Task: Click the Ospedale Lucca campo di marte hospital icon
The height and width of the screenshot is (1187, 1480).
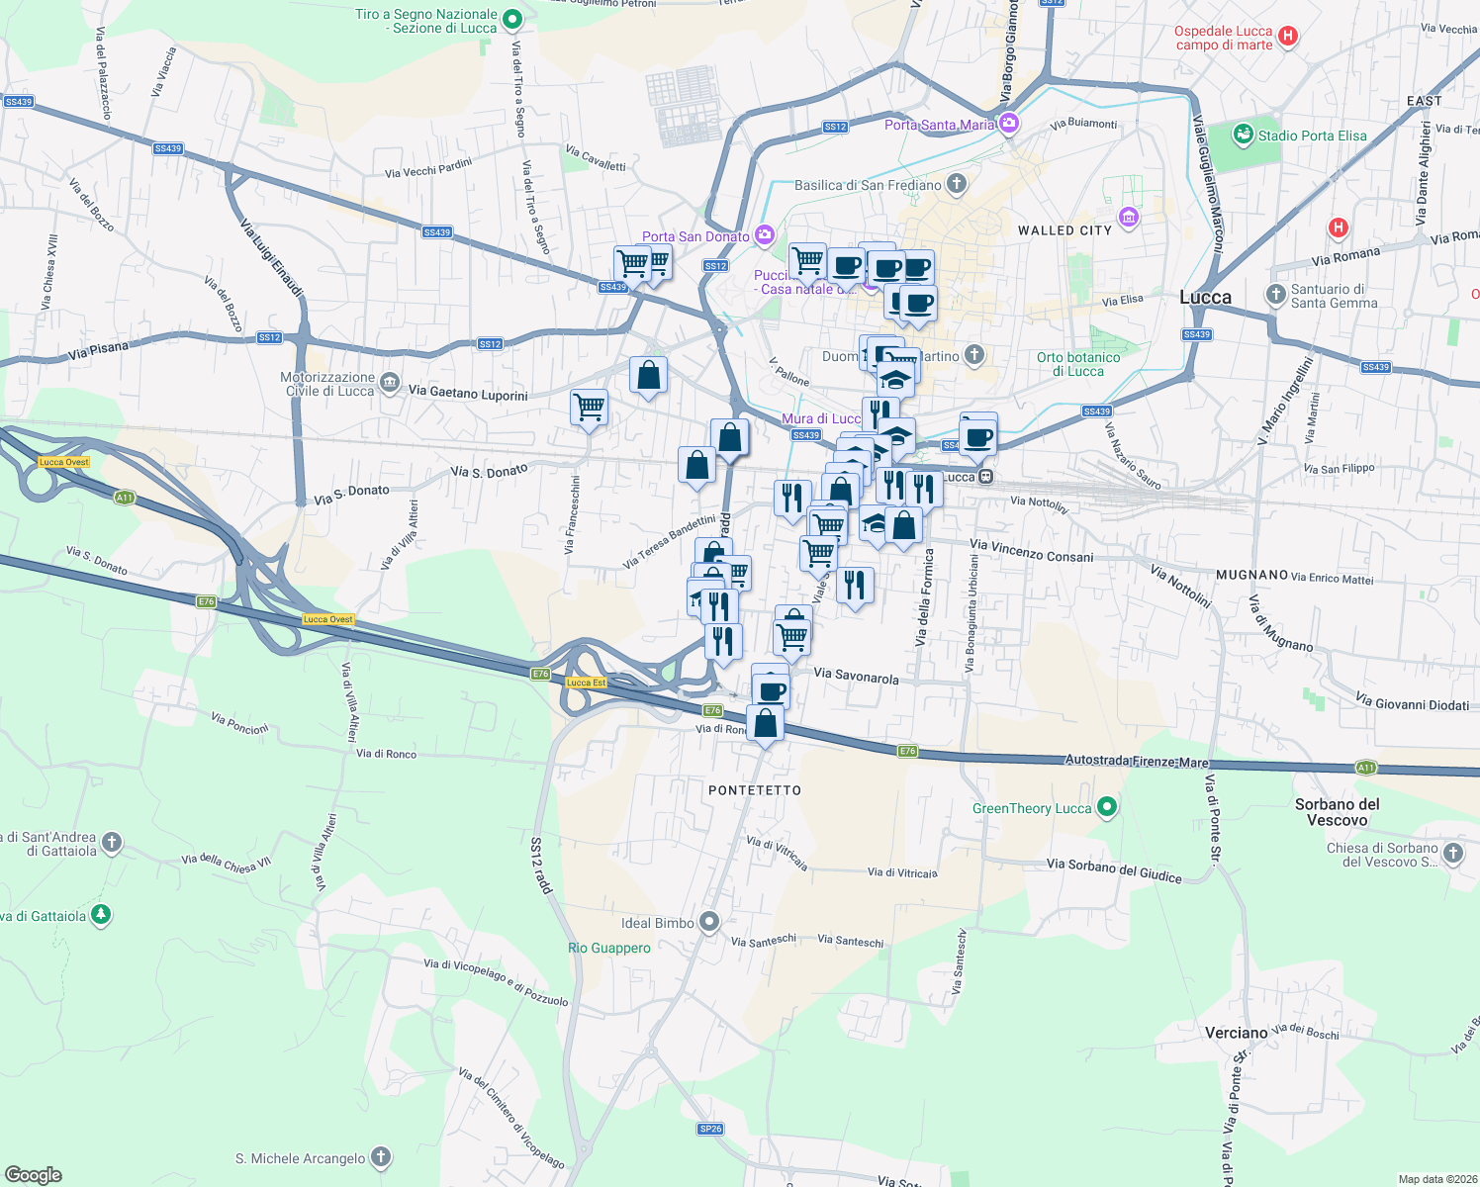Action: (x=1287, y=37)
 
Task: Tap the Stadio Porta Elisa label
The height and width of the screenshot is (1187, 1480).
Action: (x=1312, y=136)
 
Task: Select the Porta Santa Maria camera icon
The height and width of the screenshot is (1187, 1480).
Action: (x=1009, y=124)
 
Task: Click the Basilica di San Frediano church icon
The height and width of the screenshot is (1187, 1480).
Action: (x=956, y=183)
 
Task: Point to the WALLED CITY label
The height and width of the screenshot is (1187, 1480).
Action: (x=1064, y=230)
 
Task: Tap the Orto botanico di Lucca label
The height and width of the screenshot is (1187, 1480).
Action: (x=1078, y=364)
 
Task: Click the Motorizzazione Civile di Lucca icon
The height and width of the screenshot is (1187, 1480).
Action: (x=390, y=382)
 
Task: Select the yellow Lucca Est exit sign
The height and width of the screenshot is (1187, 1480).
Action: (x=586, y=683)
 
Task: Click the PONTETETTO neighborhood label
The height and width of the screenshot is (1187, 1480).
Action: (x=755, y=790)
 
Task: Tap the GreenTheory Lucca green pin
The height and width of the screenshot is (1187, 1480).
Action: (x=1107, y=807)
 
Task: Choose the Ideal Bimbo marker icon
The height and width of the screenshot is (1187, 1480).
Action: (x=708, y=922)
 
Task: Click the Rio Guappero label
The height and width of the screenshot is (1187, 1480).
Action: (x=609, y=948)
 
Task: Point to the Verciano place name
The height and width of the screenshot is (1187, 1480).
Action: (x=1236, y=1033)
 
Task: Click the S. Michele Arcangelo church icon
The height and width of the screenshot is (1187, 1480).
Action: (x=380, y=1157)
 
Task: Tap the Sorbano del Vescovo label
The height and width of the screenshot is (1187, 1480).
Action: (x=1337, y=812)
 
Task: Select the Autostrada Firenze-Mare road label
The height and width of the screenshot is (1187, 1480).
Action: (x=1137, y=762)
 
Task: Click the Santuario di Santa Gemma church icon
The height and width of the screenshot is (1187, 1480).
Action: (x=1275, y=294)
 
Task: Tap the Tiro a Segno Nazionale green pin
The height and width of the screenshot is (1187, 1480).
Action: (x=512, y=19)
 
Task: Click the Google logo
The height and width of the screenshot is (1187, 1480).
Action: (x=33, y=1175)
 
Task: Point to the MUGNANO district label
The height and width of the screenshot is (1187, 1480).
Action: (x=1251, y=575)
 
